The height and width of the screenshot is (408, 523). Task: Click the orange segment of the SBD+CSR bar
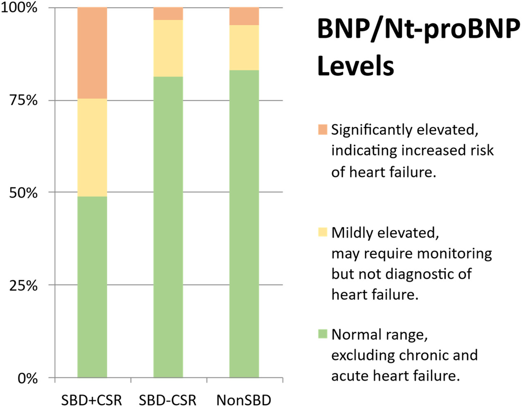coord(92,53)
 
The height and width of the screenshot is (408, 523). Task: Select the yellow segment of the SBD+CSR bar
coord(92,147)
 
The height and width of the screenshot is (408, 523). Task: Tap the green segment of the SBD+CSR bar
coord(92,287)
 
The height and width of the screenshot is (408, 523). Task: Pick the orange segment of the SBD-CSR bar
coord(168,14)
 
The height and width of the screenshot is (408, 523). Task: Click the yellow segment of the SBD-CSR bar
coord(168,48)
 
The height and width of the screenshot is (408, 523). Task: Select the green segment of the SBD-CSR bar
coord(168,227)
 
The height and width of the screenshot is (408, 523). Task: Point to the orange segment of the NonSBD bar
coord(244,16)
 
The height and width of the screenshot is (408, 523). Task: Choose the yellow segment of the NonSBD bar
coord(244,48)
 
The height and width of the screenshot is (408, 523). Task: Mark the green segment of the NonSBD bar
coord(244,224)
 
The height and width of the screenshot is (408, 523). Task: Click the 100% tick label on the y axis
coord(19,7)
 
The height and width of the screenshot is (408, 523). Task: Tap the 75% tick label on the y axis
coord(24,100)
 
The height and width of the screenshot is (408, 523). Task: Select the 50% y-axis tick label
coord(24,193)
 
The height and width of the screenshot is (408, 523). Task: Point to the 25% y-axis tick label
coord(24,285)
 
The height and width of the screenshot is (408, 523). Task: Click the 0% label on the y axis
coord(28,378)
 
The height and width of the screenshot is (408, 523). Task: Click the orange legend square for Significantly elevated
coord(322,130)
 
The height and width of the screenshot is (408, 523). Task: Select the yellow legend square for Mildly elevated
coord(322,232)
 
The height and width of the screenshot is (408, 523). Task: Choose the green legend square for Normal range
coord(322,334)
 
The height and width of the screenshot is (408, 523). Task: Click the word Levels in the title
coord(355,66)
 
